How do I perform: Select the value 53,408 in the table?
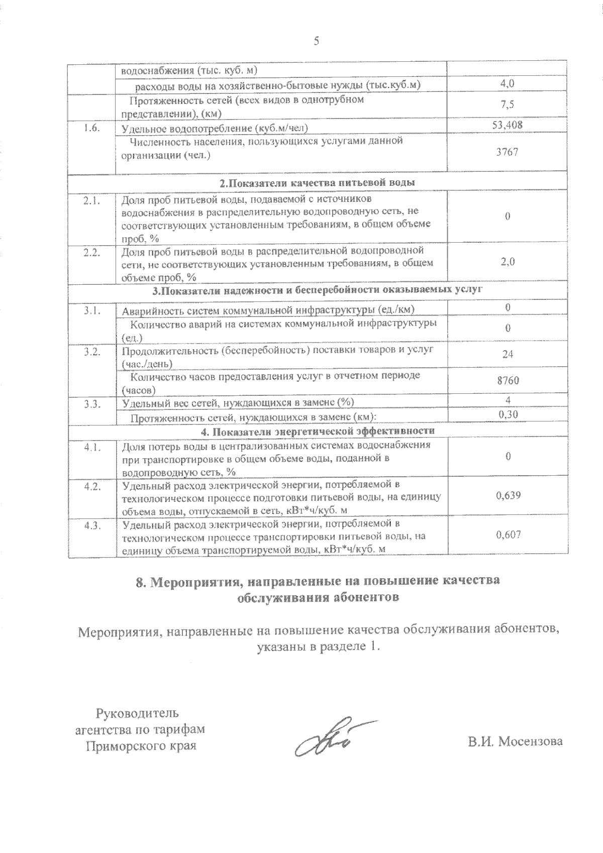tap(507, 125)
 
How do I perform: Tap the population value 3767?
tap(507, 152)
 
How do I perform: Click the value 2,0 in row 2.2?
tap(508, 261)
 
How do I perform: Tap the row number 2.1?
tap(92, 201)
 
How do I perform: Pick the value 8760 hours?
tap(507, 380)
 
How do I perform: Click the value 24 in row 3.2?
tap(508, 354)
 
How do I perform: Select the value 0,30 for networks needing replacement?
tap(508, 414)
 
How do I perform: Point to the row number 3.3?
tap(92, 403)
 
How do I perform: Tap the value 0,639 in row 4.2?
tap(508, 495)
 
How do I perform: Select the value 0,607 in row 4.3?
tap(508, 535)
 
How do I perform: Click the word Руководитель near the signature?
tap(137, 712)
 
